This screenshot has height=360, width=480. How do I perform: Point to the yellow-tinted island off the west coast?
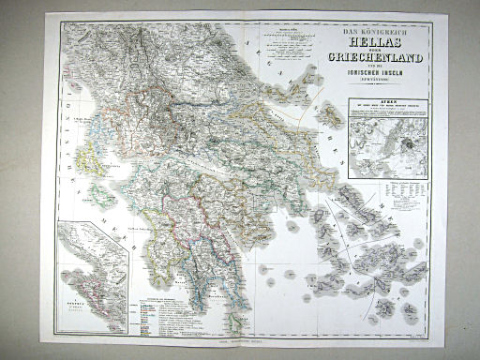click(x=94, y=159)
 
